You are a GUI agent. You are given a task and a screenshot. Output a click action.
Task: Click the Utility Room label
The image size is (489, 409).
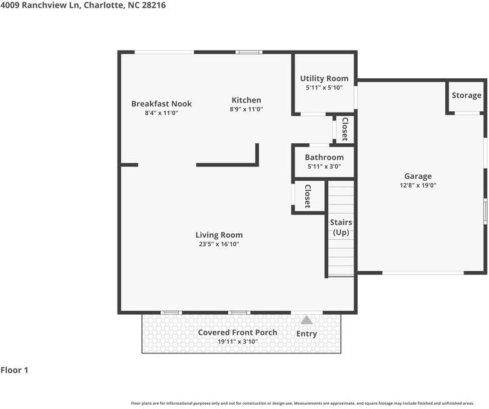click(x=324, y=79)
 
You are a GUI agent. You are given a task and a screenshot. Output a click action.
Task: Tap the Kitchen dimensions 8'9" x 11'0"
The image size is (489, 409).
click(x=246, y=109)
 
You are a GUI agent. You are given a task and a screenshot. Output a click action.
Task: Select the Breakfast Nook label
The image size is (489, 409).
click(x=161, y=104)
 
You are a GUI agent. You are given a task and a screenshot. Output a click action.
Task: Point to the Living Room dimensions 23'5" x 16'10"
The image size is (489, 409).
click(x=219, y=244)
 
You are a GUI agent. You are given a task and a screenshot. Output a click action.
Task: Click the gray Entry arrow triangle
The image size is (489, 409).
click(x=306, y=320)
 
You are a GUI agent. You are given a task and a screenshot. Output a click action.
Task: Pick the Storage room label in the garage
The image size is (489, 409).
click(x=466, y=96)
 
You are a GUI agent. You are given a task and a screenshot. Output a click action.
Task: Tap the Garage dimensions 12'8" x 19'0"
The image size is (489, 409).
click(x=418, y=185)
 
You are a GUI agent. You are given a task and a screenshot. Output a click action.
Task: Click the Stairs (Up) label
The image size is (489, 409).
click(x=341, y=228)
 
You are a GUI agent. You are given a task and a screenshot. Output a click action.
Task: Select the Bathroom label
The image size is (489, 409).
click(x=324, y=158)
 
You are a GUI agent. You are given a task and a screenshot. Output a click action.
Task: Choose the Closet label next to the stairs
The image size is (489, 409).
click(x=308, y=196)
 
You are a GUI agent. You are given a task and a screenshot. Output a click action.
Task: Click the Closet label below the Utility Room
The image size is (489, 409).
click(x=345, y=129)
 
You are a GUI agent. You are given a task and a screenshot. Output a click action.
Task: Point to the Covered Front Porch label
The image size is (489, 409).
click(x=238, y=333)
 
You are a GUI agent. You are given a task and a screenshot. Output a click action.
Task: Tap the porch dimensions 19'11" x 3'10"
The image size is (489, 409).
click(x=238, y=341)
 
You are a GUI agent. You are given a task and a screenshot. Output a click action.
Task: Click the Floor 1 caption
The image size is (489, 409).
click(x=14, y=370)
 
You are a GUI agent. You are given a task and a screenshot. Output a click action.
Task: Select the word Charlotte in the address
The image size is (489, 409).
click(x=103, y=5)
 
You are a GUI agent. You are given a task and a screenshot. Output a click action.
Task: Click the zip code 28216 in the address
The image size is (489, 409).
click(x=154, y=5)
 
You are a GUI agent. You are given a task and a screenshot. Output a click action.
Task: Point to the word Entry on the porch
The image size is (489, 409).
click(x=306, y=334)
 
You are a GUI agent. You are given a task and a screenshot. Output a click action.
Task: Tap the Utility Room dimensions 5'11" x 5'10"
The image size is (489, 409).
click(x=324, y=88)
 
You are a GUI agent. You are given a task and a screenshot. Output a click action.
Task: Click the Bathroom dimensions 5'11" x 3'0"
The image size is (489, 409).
click(x=324, y=166)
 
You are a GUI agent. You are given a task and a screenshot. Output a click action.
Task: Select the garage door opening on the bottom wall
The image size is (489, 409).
click(x=423, y=273)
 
